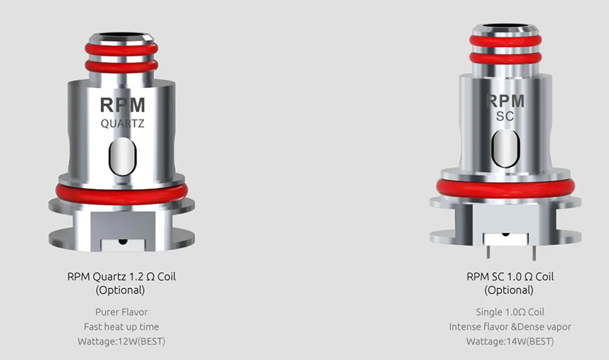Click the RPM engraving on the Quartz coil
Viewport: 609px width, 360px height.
pos(122,105)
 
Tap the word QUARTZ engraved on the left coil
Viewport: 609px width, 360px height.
pos(122,124)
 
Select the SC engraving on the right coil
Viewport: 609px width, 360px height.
pos(505,116)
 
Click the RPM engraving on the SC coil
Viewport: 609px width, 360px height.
pos(505,101)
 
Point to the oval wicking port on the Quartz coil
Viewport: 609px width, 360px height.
pos(122,156)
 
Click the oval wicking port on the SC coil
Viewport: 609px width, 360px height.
pos(505,149)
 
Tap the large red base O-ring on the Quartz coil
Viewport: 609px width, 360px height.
pos(122,194)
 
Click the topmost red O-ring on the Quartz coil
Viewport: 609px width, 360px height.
pos(122,49)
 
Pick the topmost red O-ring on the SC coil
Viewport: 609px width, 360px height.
pos(505,40)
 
